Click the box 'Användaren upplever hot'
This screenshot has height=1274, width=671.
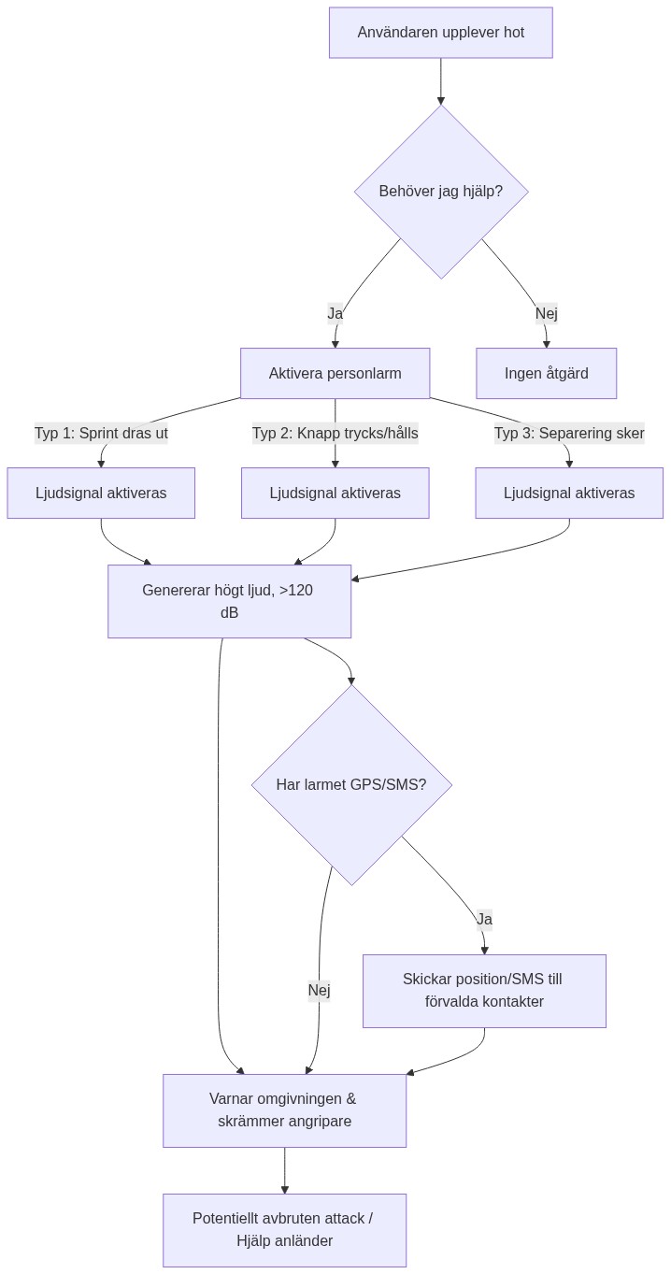coord(440,33)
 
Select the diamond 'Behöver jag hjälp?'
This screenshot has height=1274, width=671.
coord(440,192)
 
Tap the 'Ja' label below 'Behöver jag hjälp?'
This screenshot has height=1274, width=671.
coord(335,313)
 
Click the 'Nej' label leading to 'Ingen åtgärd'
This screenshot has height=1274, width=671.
coord(546,313)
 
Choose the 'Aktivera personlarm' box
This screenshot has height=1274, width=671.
coord(335,374)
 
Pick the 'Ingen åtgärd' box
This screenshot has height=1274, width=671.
coord(546,374)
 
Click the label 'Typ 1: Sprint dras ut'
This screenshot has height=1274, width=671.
coord(101,434)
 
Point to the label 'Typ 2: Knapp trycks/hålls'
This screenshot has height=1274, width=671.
coord(335,434)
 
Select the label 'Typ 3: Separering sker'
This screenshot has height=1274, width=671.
coord(568,434)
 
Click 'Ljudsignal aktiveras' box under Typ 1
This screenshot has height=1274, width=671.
coord(101,493)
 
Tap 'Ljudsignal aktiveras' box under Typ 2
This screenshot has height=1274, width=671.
coord(335,493)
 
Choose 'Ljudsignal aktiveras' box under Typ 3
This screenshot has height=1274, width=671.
coord(568,493)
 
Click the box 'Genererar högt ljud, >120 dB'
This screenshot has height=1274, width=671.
coord(229,601)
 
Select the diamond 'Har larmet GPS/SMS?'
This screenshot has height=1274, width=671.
coord(351,784)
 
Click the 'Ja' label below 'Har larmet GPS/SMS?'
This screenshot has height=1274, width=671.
coord(484,919)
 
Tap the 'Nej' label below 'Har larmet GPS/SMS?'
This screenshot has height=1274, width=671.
coord(319,990)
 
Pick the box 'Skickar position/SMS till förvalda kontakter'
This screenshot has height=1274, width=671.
coord(484,991)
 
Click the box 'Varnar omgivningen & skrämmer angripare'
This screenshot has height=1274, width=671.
coord(284,1110)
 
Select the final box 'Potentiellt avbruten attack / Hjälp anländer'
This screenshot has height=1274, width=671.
coord(284,1230)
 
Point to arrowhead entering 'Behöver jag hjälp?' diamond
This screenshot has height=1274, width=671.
coord(440,100)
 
